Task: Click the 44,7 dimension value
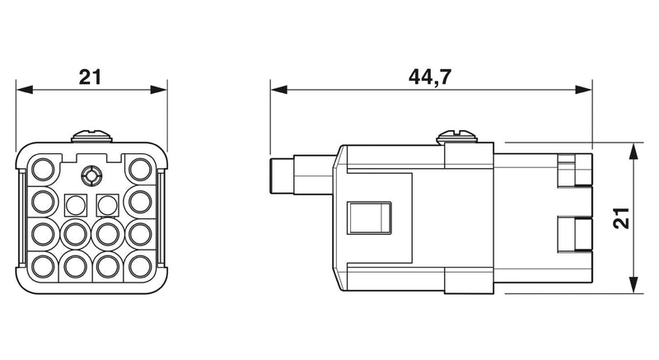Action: (429, 77)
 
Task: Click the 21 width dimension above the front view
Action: (91, 77)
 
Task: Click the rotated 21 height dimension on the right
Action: (621, 218)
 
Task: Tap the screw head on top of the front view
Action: (91, 136)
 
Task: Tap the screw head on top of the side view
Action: (456, 136)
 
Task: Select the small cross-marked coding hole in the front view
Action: (91, 175)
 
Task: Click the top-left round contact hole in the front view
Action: (44, 169)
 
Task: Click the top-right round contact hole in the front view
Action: (140, 169)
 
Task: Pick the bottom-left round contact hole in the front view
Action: (44, 266)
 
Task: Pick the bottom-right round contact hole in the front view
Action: (140, 266)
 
